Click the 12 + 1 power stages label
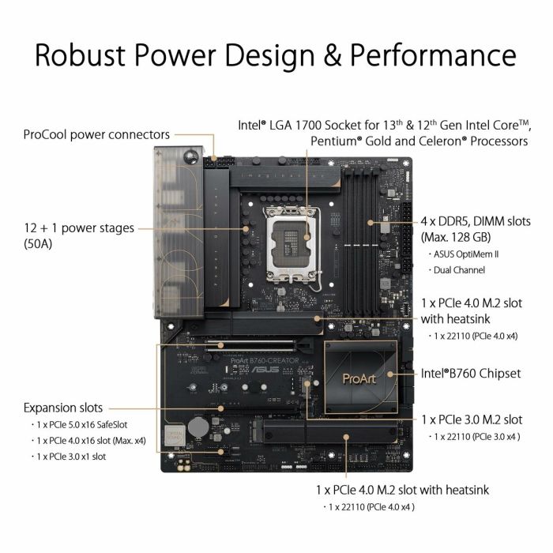point(80,228)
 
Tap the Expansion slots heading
point(63,408)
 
